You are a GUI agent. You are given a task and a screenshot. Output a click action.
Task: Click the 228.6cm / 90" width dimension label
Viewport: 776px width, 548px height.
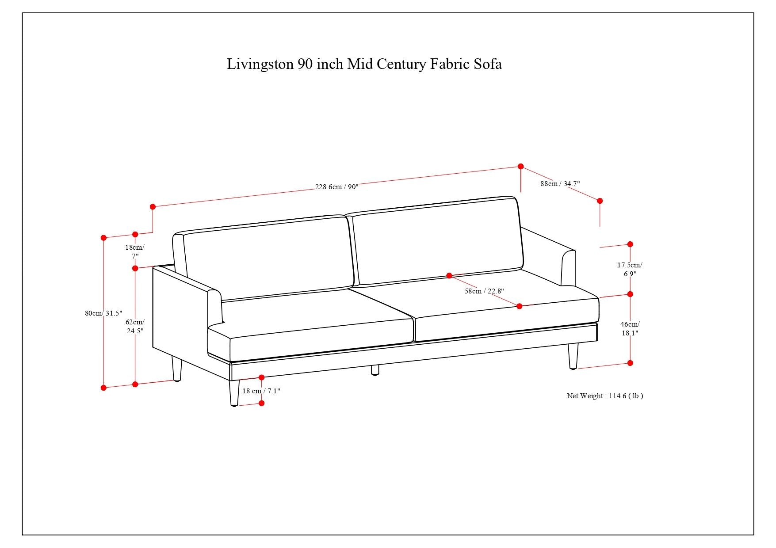(x=336, y=187)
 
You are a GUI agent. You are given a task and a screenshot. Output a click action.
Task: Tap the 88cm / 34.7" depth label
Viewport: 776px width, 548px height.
(x=560, y=183)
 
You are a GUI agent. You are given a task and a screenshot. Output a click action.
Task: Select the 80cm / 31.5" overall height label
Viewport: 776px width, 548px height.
(x=103, y=313)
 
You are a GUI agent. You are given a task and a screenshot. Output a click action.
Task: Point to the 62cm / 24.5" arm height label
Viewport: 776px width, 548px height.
(x=135, y=326)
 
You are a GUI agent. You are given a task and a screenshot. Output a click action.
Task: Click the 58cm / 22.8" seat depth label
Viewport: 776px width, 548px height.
(x=484, y=291)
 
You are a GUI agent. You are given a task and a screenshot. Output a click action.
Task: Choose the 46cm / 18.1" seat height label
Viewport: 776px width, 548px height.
(x=630, y=328)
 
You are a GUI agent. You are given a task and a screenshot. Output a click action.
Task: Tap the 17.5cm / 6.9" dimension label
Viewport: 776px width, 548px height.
(x=630, y=269)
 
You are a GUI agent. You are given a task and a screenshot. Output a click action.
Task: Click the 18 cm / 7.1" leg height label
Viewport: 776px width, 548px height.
(x=261, y=391)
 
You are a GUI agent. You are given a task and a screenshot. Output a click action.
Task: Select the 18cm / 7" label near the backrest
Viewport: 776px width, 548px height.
(x=135, y=251)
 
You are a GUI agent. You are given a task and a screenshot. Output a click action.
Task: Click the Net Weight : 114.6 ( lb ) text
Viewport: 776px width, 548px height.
(x=605, y=396)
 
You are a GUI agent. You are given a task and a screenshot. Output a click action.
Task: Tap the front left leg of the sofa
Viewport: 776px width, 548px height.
(x=234, y=393)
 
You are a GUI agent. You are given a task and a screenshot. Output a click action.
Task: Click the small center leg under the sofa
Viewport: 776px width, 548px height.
(x=375, y=370)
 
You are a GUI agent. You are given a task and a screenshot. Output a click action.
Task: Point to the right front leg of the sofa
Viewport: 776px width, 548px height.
(x=573, y=356)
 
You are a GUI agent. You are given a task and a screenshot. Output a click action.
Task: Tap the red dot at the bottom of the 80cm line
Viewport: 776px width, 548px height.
(x=103, y=388)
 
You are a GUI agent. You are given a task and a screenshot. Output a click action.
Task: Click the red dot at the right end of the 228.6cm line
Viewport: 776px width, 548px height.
(x=521, y=167)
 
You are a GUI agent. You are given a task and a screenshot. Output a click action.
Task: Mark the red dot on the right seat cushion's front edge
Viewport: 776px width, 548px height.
(x=520, y=306)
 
